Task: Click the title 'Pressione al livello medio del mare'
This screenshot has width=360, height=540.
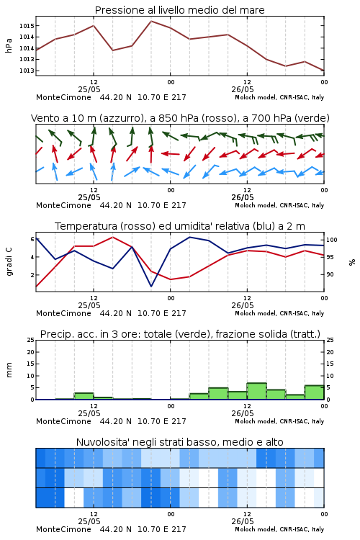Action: point(179,10)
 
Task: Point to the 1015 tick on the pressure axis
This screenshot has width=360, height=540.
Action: point(27,26)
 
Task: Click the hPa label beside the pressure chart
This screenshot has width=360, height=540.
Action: point(9,45)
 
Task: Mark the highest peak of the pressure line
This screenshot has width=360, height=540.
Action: point(151,21)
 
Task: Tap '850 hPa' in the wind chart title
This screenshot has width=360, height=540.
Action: point(179,118)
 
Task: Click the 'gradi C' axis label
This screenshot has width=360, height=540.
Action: point(9,262)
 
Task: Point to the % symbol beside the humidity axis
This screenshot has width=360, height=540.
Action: point(352,262)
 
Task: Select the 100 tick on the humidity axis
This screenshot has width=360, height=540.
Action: point(332,240)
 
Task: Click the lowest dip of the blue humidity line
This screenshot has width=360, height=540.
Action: point(151,286)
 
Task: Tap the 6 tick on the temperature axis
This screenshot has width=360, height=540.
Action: point(32,239)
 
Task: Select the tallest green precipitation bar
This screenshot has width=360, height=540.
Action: point(256,391)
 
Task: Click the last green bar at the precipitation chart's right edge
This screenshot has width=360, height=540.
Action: point(314,392)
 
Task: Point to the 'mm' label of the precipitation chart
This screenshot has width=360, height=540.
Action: point(9,370)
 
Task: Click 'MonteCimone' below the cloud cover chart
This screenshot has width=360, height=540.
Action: point(64,529)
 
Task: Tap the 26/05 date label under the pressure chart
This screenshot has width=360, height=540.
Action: point(243,89)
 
